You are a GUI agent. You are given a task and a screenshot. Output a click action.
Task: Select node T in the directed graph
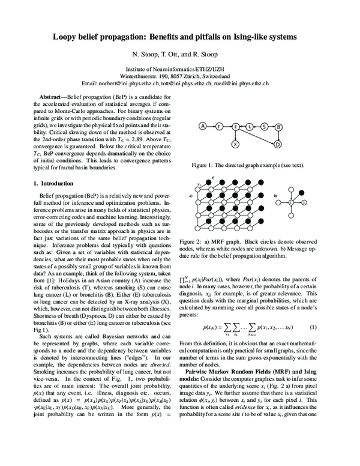(220, 126)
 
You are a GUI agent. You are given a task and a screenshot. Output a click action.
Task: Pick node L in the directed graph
(249, 126)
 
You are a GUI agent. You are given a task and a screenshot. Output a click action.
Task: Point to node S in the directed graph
(263, 126)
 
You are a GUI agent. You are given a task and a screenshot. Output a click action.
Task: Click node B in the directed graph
(278, 126)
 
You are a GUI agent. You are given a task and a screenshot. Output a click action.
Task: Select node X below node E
(235, 145)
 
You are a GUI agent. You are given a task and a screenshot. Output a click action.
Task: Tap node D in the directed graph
(278, 145)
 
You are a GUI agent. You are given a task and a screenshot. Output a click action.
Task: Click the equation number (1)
(313, 327)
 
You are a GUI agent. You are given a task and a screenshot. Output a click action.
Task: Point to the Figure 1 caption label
(204, 164)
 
